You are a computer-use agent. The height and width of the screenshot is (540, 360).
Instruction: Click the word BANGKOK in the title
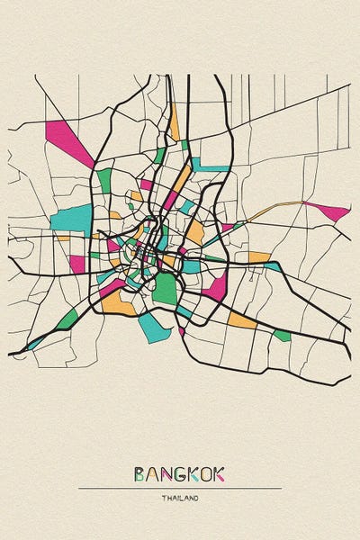click(180, 473)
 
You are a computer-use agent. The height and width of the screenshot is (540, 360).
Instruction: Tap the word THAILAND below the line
click(180, 498)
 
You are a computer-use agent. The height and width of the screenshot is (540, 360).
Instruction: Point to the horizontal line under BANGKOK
click(180, 488)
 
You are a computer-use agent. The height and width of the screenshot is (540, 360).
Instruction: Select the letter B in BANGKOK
click(139, 473)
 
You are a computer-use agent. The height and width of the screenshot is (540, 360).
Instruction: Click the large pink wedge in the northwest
click(70, 139)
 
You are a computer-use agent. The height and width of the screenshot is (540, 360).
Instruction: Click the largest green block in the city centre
click(164, 289)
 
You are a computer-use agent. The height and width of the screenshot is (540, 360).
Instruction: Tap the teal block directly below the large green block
click(154, 326)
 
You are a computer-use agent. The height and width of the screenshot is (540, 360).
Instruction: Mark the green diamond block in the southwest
click(67, 319)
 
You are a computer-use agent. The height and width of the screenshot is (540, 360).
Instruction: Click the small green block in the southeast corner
click(283, 336)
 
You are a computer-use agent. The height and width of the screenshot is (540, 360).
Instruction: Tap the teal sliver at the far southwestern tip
click(33, 344)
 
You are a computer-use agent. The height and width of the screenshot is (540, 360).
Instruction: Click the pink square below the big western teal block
click(77, 263)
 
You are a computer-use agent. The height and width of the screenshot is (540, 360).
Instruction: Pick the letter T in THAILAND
click(165, 498)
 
